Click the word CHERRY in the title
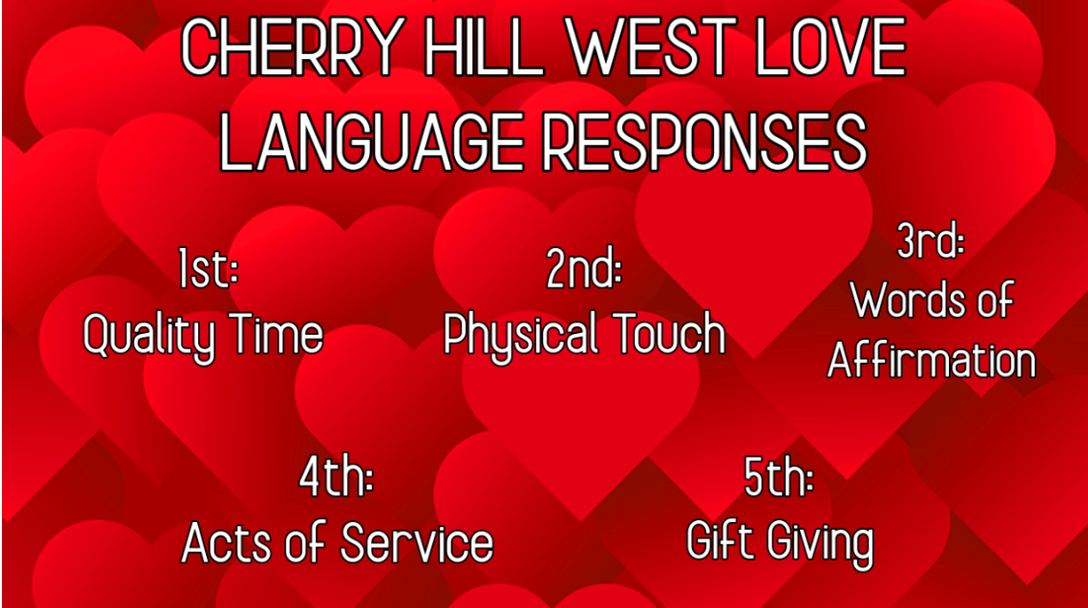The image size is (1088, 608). [293, 48]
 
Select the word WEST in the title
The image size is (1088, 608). [651, 48]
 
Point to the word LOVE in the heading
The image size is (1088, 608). [831, 48]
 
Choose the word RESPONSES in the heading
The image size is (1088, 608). [704, 142]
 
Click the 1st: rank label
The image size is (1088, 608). [208, 269]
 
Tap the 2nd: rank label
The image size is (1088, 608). [584, 269]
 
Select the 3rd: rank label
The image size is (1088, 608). [931, 240]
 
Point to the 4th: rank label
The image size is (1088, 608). [336, 477]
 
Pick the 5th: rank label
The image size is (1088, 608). [779, 477]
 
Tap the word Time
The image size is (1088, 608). [277, 334]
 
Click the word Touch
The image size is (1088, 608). [669, 334]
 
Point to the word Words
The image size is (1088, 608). [901, 300]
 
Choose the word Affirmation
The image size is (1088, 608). [931, 360]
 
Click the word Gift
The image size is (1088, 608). [722, 539]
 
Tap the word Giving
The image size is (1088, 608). [819, 544]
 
